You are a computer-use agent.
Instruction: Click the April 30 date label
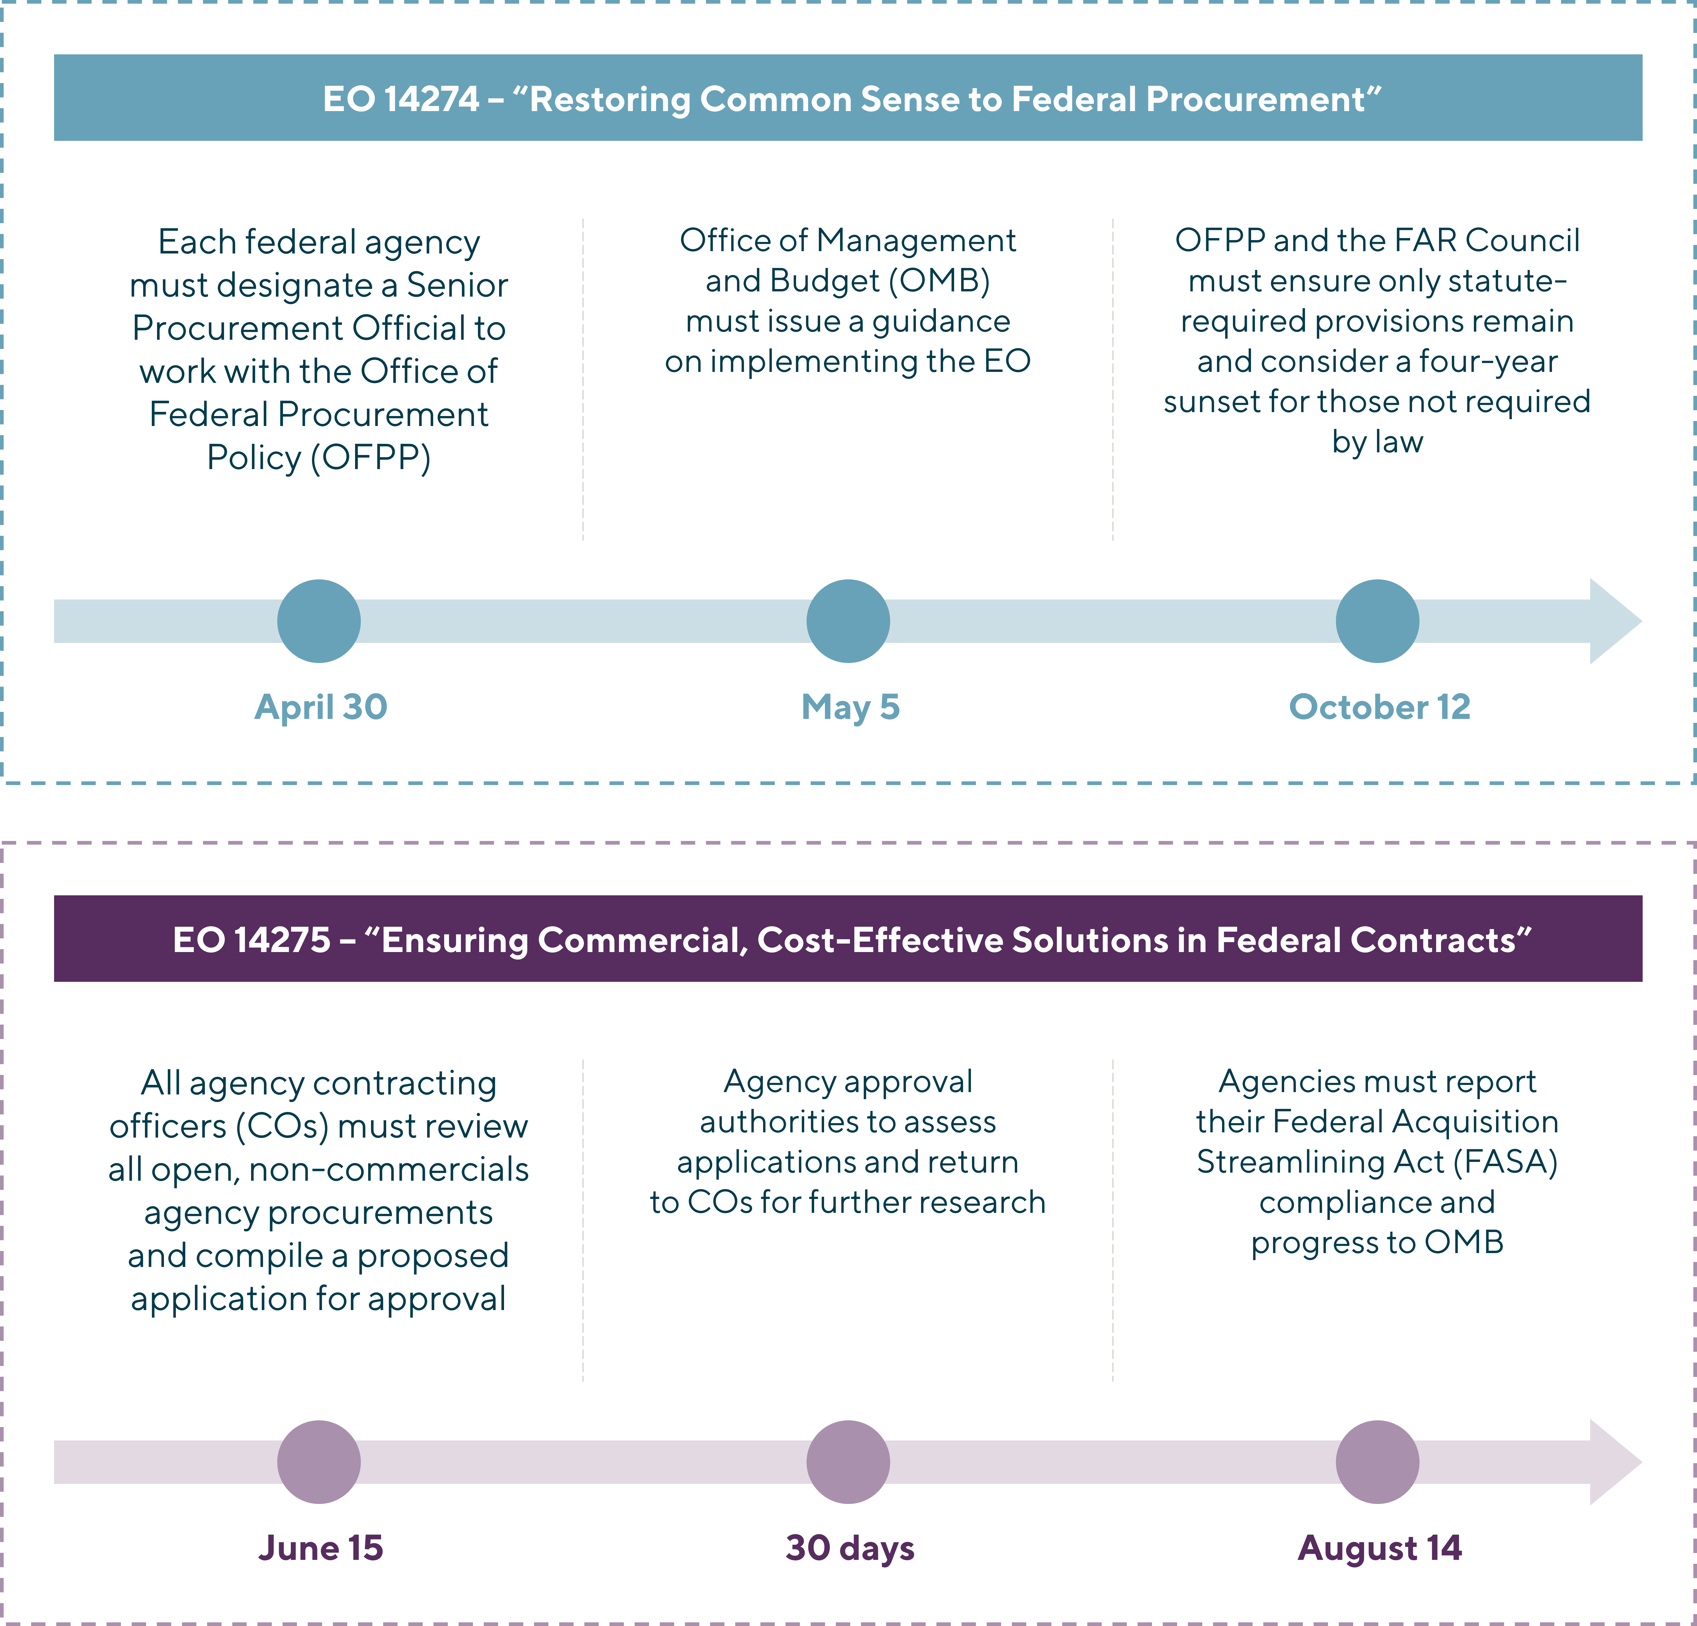[x=320, y=707]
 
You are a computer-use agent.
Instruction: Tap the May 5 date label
[x=850, y=707]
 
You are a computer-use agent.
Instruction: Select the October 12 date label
[x=1379, y=707]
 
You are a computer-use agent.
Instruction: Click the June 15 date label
[x=320, y=1548]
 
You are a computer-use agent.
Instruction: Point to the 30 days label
[x=850, y=1548]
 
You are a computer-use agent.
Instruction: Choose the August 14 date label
[x=1379, y=1548]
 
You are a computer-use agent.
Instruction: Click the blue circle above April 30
[x=318, y=621]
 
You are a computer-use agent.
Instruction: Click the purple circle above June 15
[x=318, y=1462]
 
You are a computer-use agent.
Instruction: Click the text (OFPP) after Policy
[x=370, y=457]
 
